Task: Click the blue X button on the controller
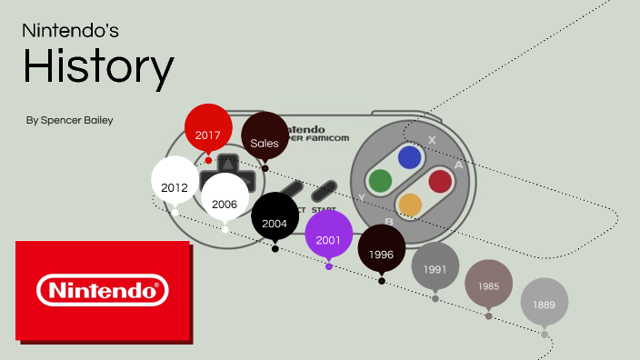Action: (409, 158)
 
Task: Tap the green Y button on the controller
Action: (379, 181)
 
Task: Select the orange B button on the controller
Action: (410, 205)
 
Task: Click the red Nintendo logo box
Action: (103, 291)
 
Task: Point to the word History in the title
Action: (98, 67)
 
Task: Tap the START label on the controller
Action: (324, 209)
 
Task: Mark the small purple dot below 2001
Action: (328, 266)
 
